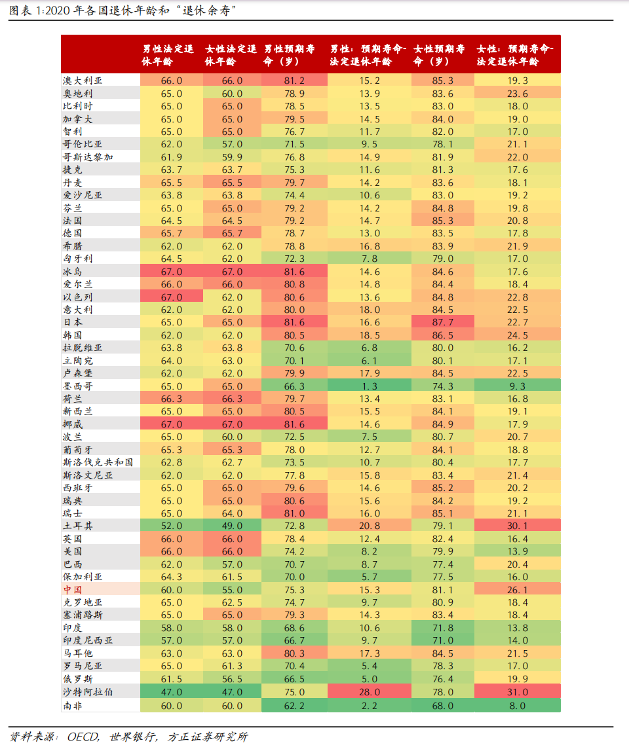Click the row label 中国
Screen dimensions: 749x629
[x=73, y=589]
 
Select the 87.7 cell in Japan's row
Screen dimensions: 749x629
[x=443, y=322]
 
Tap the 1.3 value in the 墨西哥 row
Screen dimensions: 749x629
[x=370, y=386]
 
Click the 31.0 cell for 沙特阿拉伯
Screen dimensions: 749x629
[x=518, y=692]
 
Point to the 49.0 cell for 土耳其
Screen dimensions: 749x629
[x=233, y=526]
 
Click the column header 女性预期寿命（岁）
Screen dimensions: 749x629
[x=440, y=55]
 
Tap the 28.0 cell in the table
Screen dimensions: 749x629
[x=370, y=692]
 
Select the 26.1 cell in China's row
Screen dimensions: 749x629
[x=518, y=589]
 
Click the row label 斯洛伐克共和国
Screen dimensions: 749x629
[x=98, y=462]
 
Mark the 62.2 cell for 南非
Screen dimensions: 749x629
[x=294, y=705]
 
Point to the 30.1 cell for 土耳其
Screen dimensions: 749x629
[x=518, y=526]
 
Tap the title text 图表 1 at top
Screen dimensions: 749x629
[x=26, y=11]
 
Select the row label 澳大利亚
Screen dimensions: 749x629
[x=83, y=81]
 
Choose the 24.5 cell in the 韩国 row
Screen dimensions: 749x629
[x=518, y=335]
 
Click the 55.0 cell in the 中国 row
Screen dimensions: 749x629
[x=233, y=589]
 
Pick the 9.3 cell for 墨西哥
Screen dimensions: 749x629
[x=518, y=386]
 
